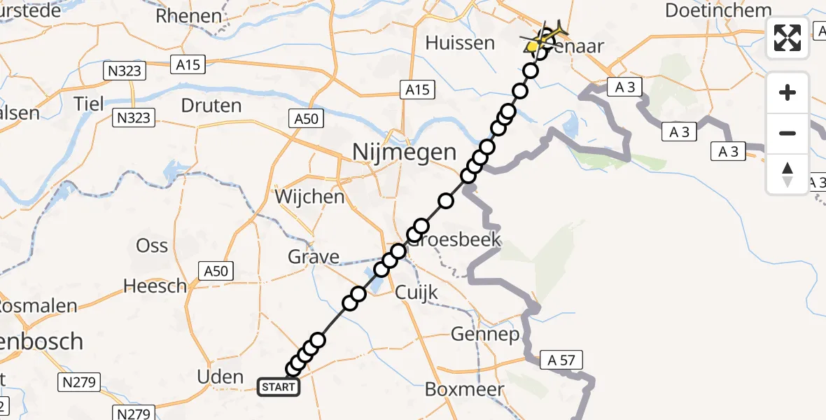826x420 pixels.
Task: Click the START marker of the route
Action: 279,387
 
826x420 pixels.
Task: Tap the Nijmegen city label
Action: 405,151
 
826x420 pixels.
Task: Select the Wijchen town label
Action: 309,197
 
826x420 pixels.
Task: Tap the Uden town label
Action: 220,377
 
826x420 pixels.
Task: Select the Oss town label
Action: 152,246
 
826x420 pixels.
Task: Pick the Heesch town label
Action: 155,286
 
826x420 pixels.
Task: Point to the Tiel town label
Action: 89,104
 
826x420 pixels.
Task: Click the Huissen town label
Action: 460,43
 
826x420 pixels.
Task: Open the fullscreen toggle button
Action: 787,38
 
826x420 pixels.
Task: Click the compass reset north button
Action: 787,174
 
